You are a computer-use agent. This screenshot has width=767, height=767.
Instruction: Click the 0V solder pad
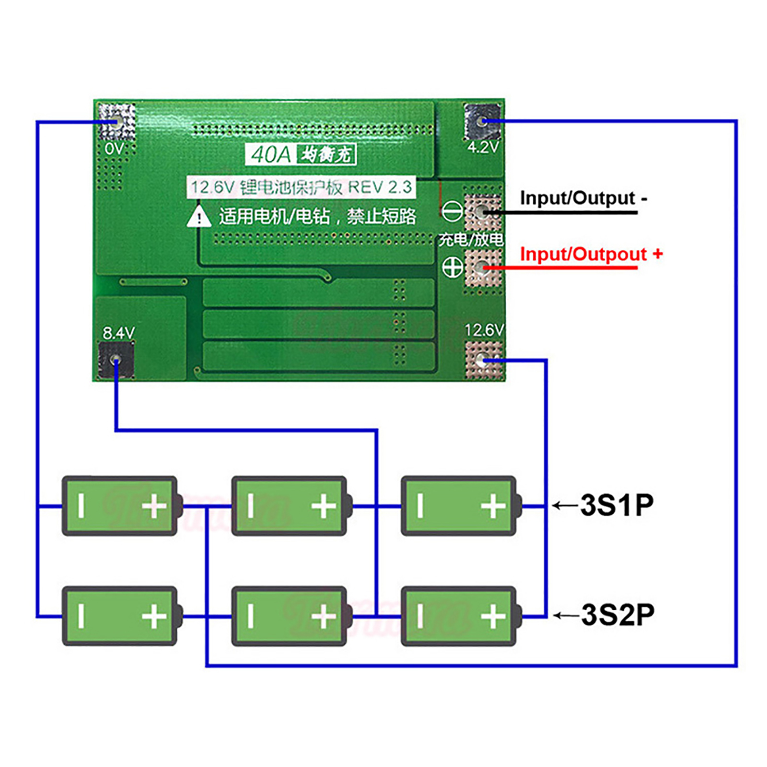[116, 121]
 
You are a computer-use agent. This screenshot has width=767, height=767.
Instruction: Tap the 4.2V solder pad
[482, 121]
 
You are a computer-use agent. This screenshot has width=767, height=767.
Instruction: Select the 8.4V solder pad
[116, 360]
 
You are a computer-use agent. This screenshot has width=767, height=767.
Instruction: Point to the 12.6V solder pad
[484, 360]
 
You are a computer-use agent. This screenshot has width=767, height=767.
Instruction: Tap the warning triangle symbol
[199, 217]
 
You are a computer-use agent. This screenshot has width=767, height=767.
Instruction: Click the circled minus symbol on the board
[452, 211]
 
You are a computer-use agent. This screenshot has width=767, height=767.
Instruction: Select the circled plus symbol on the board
[452, 267]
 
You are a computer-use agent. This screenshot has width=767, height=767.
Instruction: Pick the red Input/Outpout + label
[591, 254]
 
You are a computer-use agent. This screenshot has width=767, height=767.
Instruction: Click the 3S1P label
[617, 505]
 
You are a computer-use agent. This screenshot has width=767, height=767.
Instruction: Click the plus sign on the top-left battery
[154, 506]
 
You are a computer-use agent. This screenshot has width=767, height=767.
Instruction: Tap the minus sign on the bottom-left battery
[81, 616]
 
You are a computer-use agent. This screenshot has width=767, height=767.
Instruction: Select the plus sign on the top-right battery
[493, 506]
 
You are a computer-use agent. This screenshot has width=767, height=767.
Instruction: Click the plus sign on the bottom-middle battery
[324, 616]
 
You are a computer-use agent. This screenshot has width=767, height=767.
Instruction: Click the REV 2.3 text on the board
[380, 187]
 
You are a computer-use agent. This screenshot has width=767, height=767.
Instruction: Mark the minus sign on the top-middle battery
[250, 506]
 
